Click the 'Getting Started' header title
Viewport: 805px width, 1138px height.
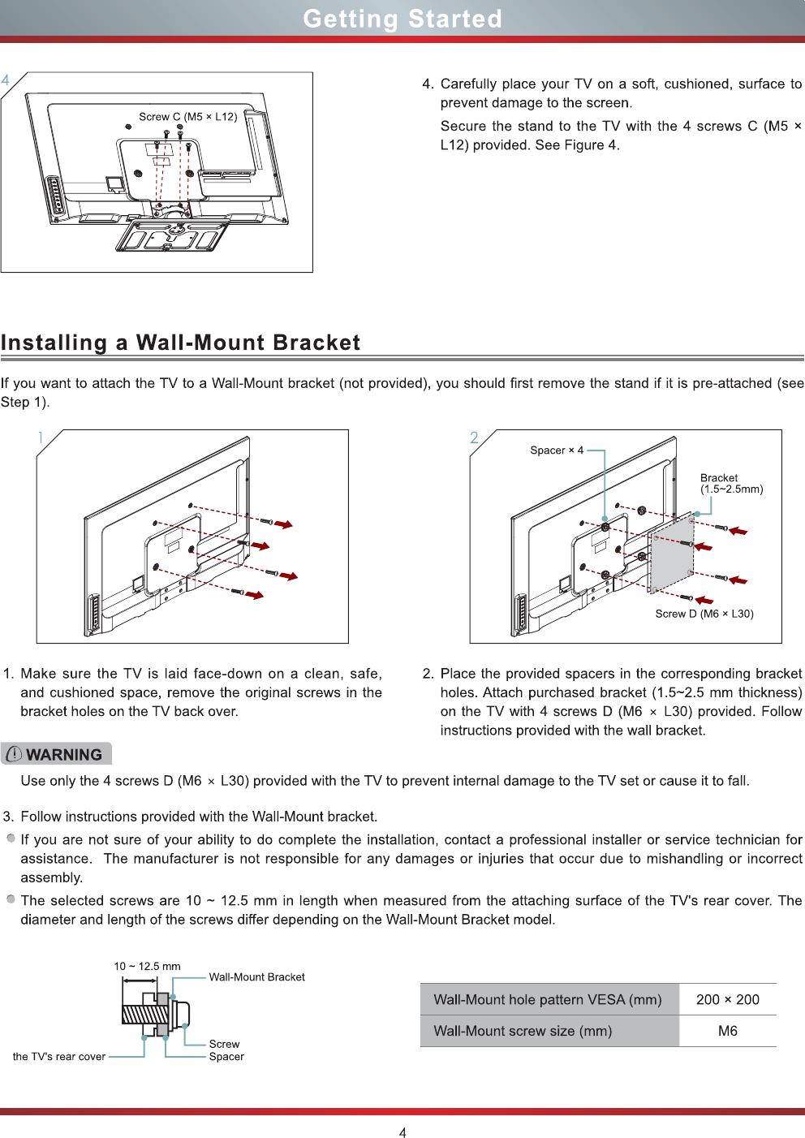click(402, 19)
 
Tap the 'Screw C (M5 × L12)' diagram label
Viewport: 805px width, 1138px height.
click(187, 117)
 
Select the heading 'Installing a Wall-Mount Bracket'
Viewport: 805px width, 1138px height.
click(180, 343)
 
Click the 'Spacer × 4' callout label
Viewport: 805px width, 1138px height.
click(557, 450)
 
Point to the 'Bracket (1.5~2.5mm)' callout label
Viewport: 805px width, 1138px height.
click(730, 484)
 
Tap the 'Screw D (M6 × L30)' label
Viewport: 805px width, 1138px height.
click(704, 614)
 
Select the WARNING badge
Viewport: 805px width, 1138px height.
click(56, 754)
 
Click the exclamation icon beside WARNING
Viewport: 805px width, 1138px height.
click(14, 754)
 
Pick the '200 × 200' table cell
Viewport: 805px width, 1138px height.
click(727, 1000)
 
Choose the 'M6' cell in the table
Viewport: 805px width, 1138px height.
click(727, 1031)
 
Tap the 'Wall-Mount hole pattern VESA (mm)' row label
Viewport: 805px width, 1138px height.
click(548, 1000)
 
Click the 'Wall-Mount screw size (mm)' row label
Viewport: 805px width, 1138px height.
click(523, 1031)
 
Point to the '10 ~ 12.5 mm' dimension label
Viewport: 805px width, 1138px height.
click(147, 967)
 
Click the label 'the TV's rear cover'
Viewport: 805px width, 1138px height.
click(59, 1057)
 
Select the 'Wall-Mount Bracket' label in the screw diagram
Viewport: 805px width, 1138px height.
click(256, 977)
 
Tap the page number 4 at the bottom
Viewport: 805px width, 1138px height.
click(402, 1132)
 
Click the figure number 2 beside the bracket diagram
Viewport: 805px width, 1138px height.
click(474, 438)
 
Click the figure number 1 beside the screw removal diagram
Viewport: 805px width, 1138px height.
click(40, 438)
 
